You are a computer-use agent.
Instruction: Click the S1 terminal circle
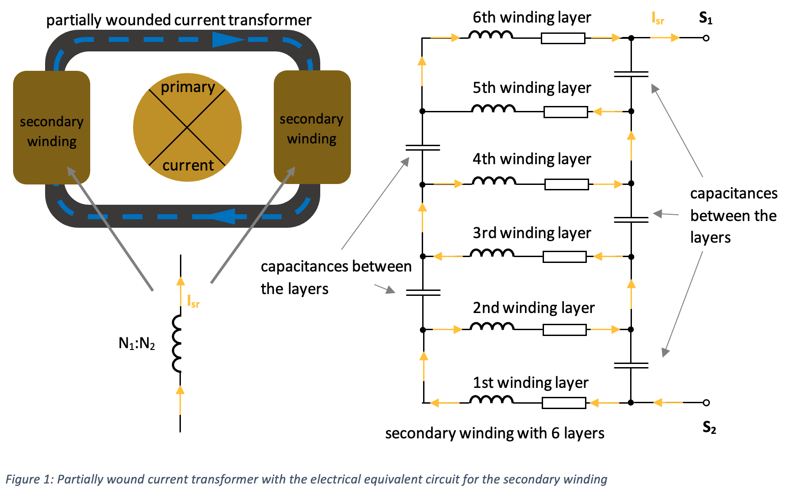point(706,38)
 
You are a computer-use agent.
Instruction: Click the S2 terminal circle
point(706,402)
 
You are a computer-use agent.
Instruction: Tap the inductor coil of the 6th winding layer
point(491,35)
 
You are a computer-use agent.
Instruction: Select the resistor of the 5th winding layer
point(566,112)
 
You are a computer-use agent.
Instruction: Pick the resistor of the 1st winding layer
point(564,403)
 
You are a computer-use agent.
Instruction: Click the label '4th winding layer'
point(532,159)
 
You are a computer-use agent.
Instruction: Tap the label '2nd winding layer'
point(534,308)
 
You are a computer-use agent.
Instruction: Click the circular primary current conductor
point(187,127)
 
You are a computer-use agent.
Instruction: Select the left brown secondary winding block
point(51,127)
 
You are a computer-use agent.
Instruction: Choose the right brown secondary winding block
point(312,127)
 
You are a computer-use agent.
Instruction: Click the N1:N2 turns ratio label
point(137,344)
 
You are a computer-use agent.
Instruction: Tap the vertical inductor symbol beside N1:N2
point(177,344)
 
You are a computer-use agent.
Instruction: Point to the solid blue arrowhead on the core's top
point(228,40)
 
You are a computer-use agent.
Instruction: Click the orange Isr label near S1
point(658,18)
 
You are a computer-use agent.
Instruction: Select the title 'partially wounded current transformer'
point(179,20)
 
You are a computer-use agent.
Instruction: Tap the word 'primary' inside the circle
point(188,87)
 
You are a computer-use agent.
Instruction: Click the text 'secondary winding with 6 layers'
point(495,433)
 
